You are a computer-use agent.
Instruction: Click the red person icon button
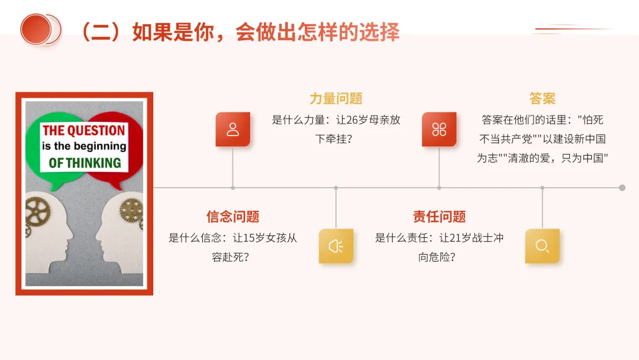[x=233, y=129]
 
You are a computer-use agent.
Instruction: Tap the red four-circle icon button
[x=439, y=129]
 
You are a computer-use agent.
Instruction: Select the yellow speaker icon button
[x=335, y=246]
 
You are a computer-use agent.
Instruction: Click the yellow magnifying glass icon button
[x=542, y=246]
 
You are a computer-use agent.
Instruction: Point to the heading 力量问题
[x=335, y=98]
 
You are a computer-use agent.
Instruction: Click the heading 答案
[x=542, y=98]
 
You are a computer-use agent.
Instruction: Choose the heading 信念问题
[x=233, y=216]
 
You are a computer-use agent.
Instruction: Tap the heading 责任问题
[x=439, y=216]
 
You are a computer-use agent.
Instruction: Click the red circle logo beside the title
[x=37, y=29]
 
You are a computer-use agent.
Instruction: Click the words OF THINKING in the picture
[x=85, y=162]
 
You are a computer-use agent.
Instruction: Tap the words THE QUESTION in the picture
[x=83, y=131]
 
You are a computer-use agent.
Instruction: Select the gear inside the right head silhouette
[x=131, y=211]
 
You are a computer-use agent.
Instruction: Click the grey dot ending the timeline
[x=622, y=188]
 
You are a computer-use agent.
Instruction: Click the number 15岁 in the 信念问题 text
[x=255, y=238]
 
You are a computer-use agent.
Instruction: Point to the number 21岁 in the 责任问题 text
[x=462, y=238]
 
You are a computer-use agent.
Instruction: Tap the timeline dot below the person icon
[x=233, y=188]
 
